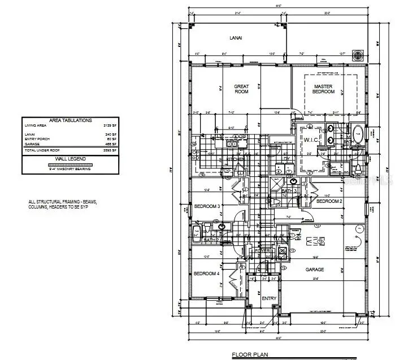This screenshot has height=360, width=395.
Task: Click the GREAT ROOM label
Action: point(241,89)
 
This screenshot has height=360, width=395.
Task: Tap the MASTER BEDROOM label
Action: point(324,89)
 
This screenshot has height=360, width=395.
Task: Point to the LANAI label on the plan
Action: point(236,38)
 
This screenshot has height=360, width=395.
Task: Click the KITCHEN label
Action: point(235,159)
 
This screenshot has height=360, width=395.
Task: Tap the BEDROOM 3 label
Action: point(207,206)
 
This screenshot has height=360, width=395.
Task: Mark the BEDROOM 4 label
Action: point(206,274)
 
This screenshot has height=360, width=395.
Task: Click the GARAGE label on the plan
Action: point(315,270)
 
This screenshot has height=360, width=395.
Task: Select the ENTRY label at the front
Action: point(269,298)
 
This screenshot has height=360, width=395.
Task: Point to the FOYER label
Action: point(263,251)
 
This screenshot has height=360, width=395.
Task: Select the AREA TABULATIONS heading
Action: point(70,120)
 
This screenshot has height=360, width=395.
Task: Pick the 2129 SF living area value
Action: point(110,125)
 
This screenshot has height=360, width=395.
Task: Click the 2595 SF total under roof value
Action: point(110,151)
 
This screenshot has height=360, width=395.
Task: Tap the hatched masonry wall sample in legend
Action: point(70,164)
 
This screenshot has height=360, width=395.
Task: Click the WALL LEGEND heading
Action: point(70,159)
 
